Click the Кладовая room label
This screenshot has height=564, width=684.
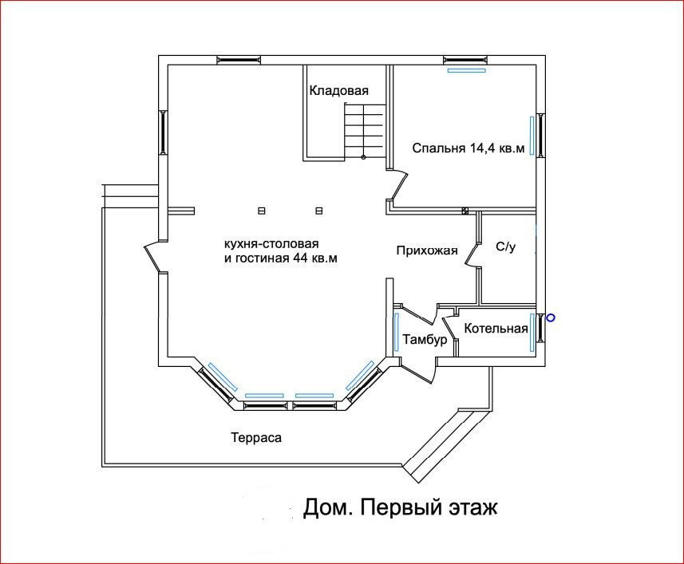339,91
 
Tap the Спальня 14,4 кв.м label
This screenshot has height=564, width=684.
469,148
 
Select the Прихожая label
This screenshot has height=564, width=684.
427,250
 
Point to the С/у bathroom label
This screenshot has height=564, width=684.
506,247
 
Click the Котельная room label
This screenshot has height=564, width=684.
496,327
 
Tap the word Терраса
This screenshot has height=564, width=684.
257,438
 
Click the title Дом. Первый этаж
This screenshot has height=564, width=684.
400,507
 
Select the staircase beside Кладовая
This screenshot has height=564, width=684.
365,130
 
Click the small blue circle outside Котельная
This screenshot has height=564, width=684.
550,318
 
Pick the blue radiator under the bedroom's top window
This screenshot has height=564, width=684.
466,70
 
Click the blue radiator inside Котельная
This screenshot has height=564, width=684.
531,333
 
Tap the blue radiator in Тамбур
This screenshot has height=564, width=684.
397,332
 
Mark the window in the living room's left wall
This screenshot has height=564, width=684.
164,132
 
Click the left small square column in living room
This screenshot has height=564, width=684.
261,211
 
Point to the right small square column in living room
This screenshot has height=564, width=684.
319,211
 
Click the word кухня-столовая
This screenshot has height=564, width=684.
271,243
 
